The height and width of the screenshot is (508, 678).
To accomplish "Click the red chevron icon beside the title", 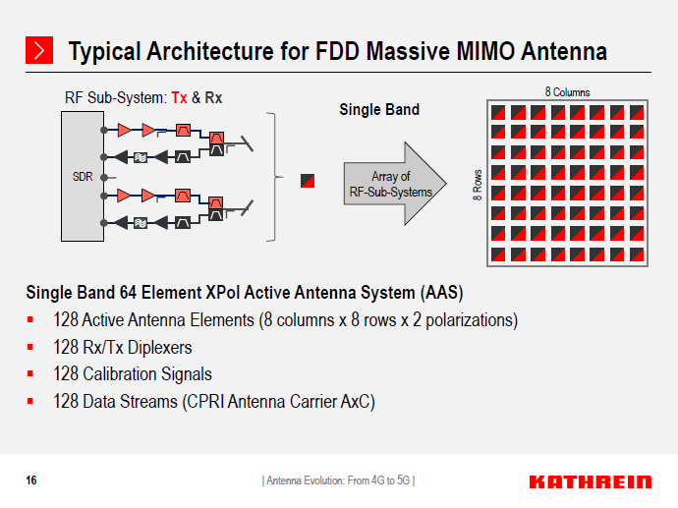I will click(x=39, y=51).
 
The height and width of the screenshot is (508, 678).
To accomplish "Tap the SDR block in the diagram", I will click(x=83, y=177).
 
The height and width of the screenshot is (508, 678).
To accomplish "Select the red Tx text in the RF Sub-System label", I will click(x=180, y=98).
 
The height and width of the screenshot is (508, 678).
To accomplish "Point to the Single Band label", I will click(x=379, y=109).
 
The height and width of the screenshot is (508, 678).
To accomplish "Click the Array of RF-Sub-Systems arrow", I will click(x=391, y=184).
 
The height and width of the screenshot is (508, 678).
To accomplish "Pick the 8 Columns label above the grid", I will click(x=567, y=91).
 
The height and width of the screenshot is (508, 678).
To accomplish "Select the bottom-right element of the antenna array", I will click(x=638, y=253).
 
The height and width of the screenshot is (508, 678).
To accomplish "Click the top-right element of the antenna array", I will click(x=638, y=111).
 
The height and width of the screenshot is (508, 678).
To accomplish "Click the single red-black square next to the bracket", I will click(x=309, y=181).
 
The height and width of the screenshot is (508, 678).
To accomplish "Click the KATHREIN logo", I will click(x=590, y=481).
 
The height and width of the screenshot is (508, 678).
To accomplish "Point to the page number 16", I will click(x=31, y=480).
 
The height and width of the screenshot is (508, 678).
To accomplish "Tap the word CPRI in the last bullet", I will click(x=203, y=401).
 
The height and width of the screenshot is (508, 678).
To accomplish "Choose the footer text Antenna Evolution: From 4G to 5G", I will click(x=339, y=480).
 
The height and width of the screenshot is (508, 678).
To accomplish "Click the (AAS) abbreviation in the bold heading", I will click(x=442, y=293).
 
